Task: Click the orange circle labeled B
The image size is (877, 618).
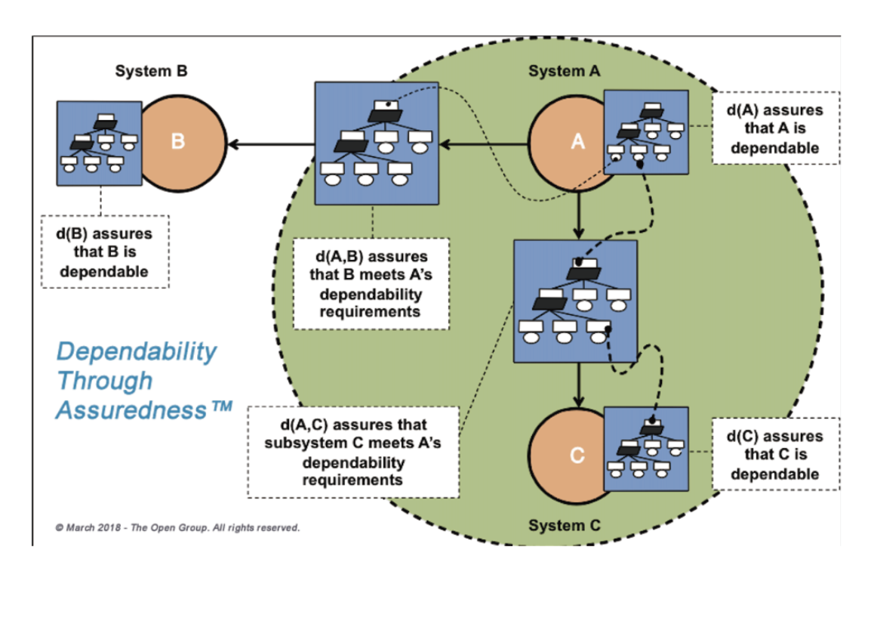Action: [x=185, y=144]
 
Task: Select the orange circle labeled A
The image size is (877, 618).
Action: [x=565, y=144]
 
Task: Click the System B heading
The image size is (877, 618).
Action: [x=151, y=71]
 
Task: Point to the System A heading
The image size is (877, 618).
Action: [x=564, y=71]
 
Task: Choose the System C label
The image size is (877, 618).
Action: [x=564, y=525]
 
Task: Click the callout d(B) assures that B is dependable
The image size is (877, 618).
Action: [x=105, y=252]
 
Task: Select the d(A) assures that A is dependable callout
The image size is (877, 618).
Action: [x=775, y=128]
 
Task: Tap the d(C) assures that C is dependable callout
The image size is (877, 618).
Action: [x=775, y=454]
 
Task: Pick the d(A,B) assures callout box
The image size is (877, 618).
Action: [x=371, y=284]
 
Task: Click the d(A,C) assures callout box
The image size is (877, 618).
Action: [x=353, y=452]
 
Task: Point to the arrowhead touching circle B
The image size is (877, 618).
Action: [x=234, y=144]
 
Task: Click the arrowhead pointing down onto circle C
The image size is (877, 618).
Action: [x=578, y=400]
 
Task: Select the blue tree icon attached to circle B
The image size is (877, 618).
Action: [x=100, y=144]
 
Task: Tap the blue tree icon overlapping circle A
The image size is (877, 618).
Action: [x=646, y=132]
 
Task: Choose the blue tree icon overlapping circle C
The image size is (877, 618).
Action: [x=646, y=449]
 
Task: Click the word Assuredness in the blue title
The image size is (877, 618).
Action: [x=131, y=410]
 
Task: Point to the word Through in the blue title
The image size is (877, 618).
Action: [x=105, y=381]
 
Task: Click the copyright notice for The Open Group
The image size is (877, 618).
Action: [x=177, y=527]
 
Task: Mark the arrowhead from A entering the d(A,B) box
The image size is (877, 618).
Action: [x=446, y=144]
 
